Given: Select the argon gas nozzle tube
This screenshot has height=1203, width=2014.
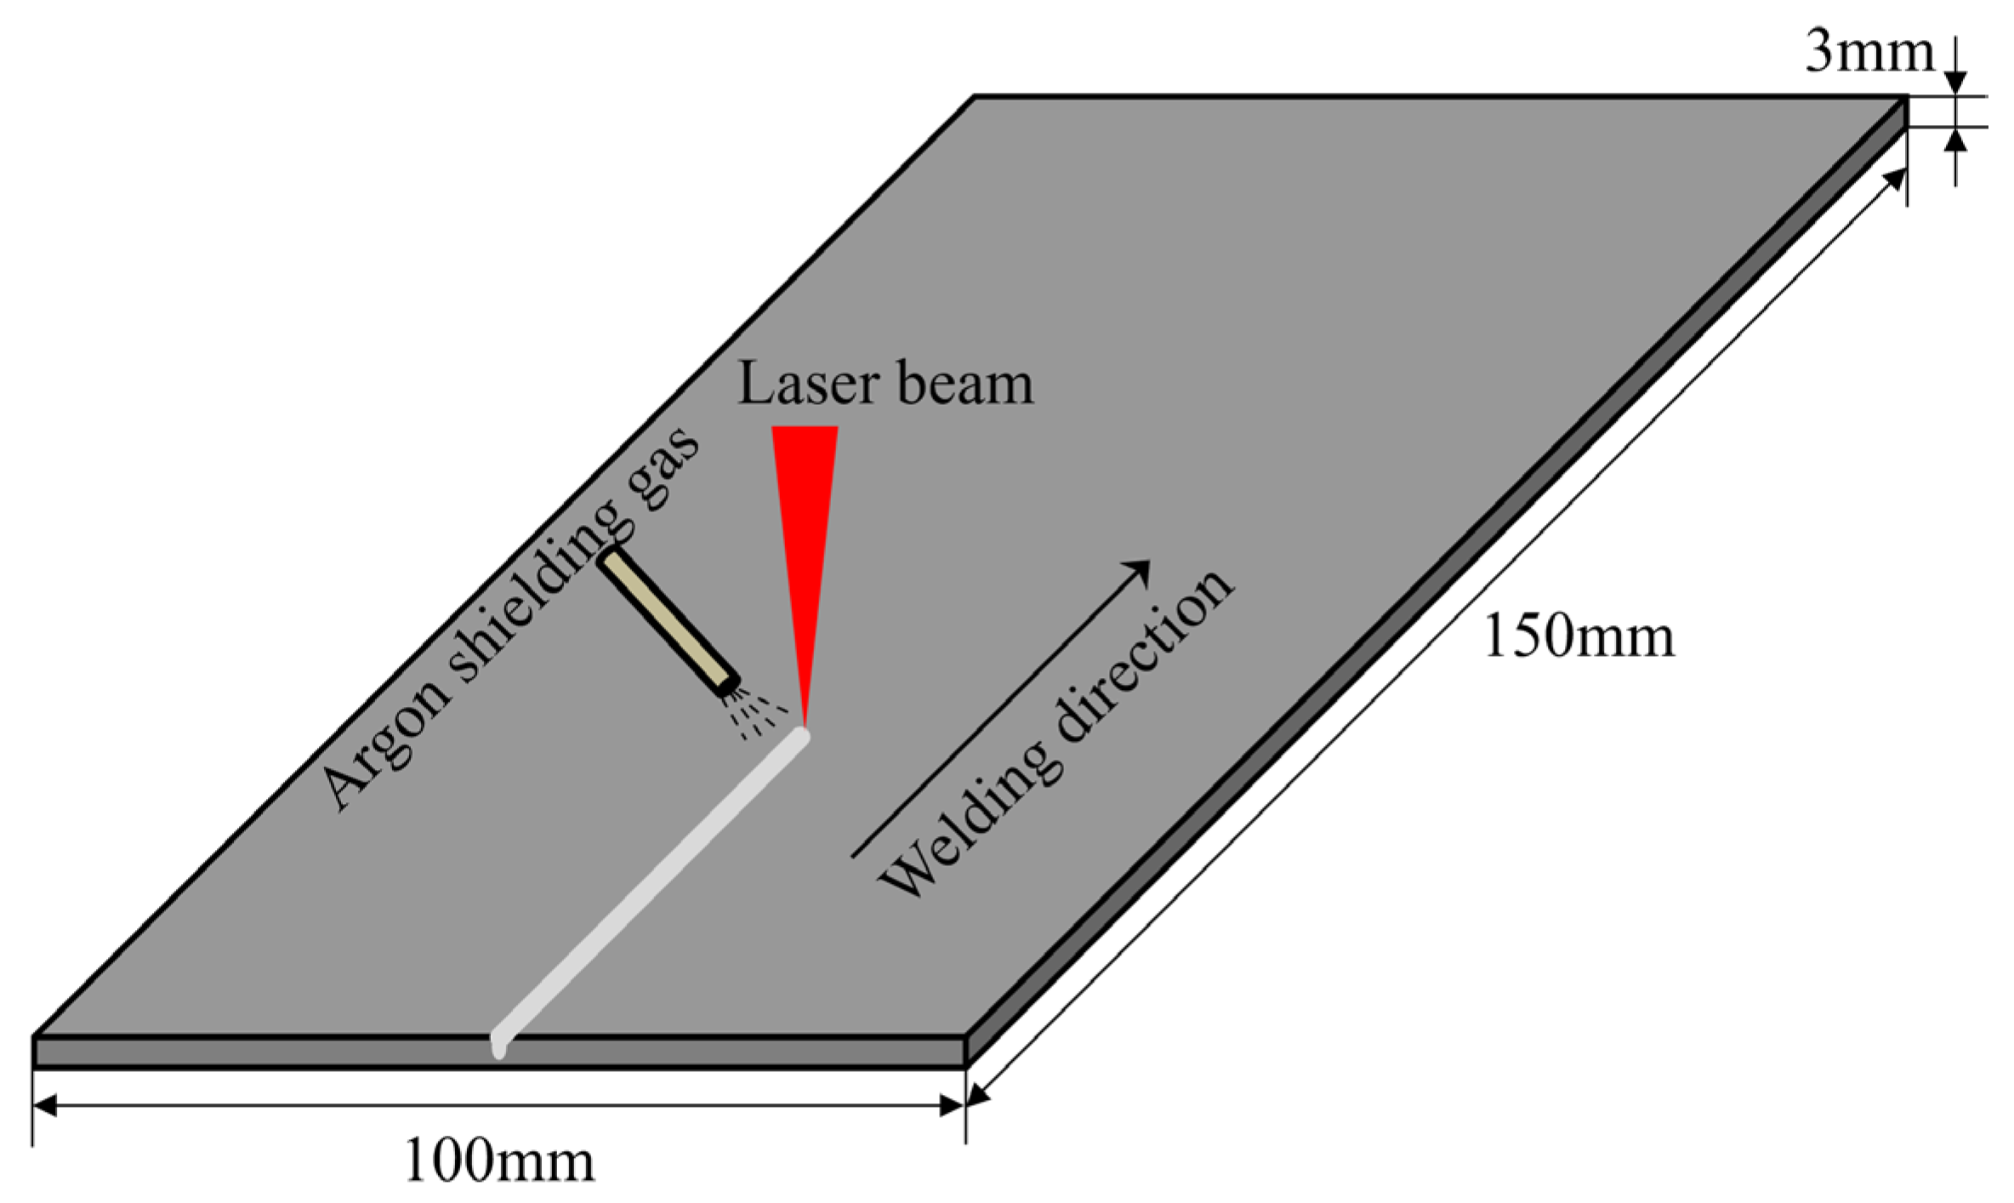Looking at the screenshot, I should tap(668, 621).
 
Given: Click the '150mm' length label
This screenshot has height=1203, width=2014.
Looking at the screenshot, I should tap(1579, 636).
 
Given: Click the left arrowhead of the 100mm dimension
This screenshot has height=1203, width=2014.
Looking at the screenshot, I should tap(44, 1105).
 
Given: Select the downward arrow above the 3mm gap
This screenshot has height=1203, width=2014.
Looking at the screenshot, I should tap(1956, 82).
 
